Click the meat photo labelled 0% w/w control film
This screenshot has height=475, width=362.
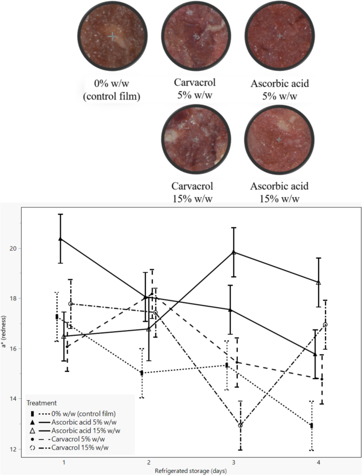pos(112,36)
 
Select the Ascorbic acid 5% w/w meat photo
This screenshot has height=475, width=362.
pos(280,36)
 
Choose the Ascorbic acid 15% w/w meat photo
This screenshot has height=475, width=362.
pos(280,139)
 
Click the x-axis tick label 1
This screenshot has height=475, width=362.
pos(63,462)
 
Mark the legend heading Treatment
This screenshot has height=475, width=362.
pos(42,403)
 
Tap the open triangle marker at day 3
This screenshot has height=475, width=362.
pos(233,252)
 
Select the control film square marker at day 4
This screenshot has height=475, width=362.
pos(312,425)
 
